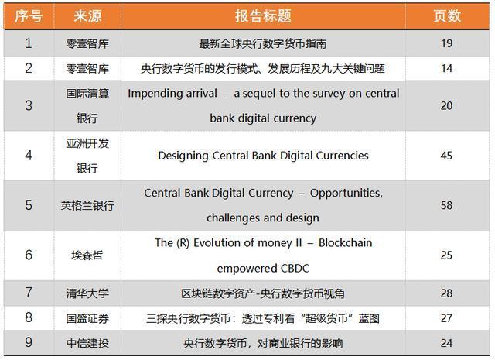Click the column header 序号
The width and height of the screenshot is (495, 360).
point(29,15)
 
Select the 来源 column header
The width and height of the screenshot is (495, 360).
point(87,15)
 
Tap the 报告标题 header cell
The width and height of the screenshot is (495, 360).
point(263,15)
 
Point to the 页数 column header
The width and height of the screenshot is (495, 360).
point(447,15)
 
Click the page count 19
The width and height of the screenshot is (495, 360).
point(447,43)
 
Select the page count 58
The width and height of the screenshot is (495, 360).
point(447,205)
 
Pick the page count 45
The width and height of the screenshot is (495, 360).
point(447,156)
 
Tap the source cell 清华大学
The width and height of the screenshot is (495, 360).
point(87,293)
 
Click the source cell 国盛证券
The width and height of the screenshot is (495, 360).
point(87,318)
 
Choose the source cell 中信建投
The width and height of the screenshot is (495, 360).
point(87,343)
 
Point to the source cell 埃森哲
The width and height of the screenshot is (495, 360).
point(87,255)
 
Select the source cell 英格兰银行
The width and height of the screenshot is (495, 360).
point(87,205)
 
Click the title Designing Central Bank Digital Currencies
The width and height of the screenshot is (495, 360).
point(263,156)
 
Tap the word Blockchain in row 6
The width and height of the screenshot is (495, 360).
point(346,243)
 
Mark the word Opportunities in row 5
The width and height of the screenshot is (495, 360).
point(346,193)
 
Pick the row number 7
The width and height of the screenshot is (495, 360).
point(29,293)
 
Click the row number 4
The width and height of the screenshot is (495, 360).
point(29,156)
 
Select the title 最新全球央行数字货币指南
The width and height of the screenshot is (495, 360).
point(263,43)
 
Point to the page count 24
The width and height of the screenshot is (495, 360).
point(447,343)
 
